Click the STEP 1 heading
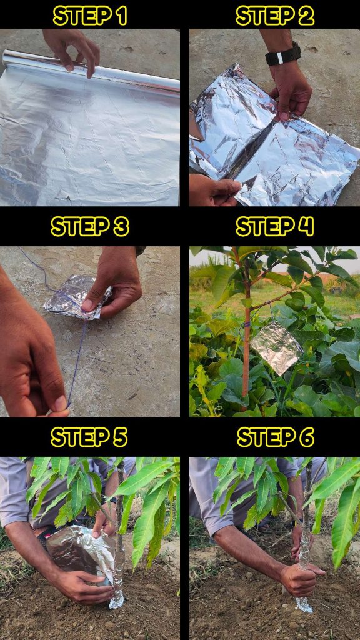click(x=90, y=16)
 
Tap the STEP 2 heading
click(x=275, y=16)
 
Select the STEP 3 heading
click(x=90, y=226)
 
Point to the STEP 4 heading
click(x=275, y=226)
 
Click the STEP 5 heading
click(x=89, y=437)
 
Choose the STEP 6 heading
click(x=276, y=437)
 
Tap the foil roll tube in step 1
click(x=91, y=70)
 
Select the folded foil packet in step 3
click(x=77, y=297)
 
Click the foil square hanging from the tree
click(x=277, y=347)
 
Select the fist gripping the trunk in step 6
click(x=299, y=579)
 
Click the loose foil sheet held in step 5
click(x=79, y=552)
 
